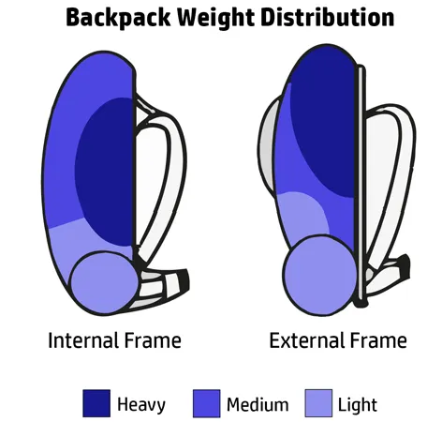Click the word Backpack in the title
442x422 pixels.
click(118, 18)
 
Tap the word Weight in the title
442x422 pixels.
click(215, 19)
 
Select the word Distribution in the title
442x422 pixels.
click(328, 17)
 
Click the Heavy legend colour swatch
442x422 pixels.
click(96, 403)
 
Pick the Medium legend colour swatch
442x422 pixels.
click(207, 403)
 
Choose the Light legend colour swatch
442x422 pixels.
click(318, 403)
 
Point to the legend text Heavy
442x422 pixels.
click(141, 404)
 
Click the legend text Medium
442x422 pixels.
click(258, 404)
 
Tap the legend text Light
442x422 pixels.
click(358, 405)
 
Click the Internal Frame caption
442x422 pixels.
click(114, 340)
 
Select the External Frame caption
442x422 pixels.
click(338, 340)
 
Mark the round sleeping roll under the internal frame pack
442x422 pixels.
click(105, 282)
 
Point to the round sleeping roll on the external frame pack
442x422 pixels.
click(320, 275)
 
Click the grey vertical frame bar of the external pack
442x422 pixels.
click(361, 185)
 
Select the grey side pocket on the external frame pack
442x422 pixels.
click(267, 145)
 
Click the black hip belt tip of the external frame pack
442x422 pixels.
click(405, 266)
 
